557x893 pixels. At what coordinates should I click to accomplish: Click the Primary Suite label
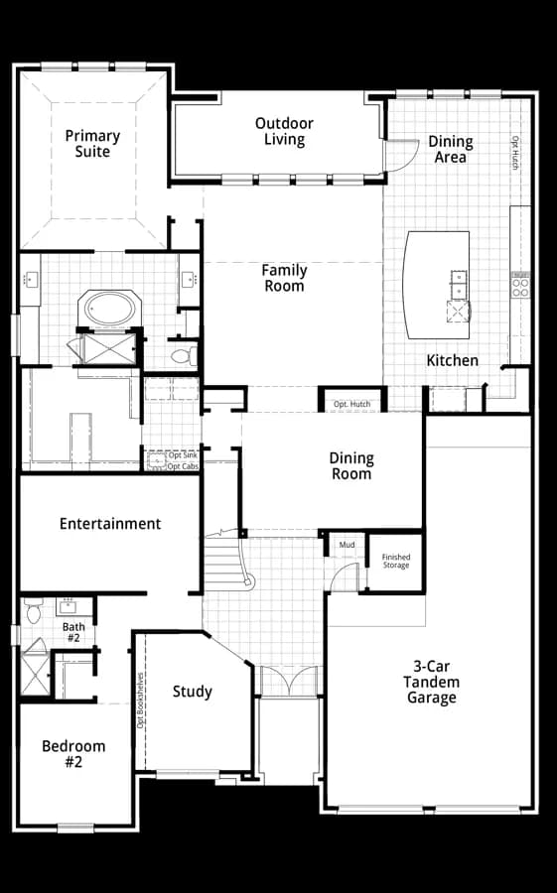point(92,144)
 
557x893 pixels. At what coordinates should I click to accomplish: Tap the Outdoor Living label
point(284,132)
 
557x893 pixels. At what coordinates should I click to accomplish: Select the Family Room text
point(284,278)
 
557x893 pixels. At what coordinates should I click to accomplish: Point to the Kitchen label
point(452,360)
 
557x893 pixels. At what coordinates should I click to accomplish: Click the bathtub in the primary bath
point(110,309)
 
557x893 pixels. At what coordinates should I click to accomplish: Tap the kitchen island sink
point(459,285)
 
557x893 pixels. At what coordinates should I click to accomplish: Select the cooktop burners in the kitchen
point(520,286)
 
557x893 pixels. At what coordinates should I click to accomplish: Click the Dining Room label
point(351,466)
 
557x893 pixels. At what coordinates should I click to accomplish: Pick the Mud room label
point(348,545)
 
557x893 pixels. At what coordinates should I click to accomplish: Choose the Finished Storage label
point(396,561)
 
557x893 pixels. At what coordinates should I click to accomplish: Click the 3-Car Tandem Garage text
point(432,682)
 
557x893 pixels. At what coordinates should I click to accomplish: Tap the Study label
point(193,692)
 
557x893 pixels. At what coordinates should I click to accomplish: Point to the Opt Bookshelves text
point(140,701)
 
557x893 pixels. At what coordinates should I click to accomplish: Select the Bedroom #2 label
point(73,753)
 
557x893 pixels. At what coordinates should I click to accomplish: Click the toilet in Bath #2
point(33,610)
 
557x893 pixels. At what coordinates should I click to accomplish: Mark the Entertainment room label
point(110,523)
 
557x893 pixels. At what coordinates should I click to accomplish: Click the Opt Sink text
point(183,455)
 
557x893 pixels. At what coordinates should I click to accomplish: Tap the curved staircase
point(229,561)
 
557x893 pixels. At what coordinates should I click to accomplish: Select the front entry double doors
point(288,681)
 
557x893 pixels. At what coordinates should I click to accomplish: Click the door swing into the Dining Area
point(403,155)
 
